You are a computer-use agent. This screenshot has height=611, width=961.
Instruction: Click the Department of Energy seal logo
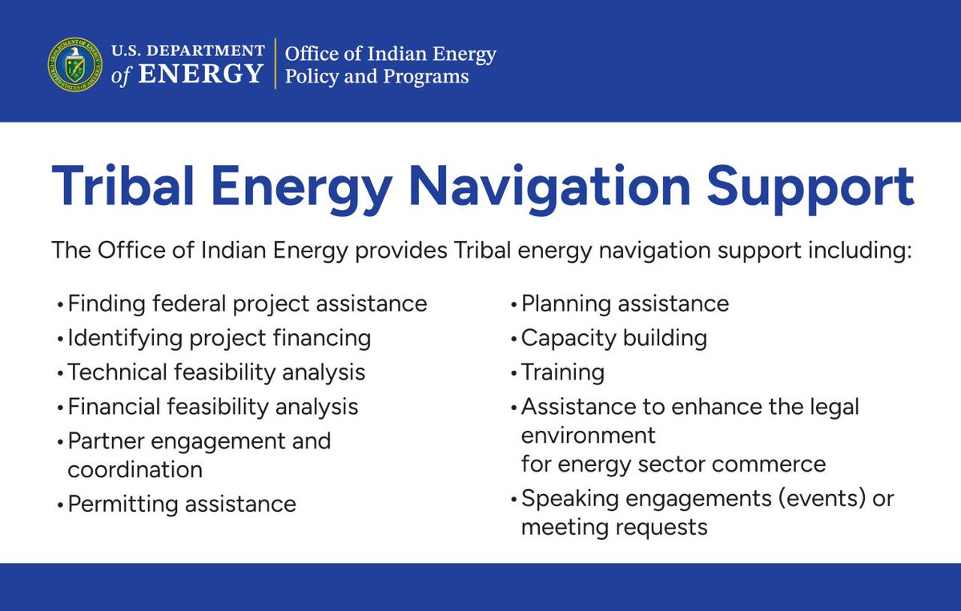point(74,64)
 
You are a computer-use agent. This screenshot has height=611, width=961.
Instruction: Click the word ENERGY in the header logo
point(200,74)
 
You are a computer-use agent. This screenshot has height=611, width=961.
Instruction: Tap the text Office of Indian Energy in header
point(390,54)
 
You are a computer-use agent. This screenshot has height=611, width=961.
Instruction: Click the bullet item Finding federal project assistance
point(247,304)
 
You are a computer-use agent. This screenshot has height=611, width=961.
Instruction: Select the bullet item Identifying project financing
point(219,339)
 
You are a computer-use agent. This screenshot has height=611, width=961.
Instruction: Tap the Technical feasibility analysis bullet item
point(216,372)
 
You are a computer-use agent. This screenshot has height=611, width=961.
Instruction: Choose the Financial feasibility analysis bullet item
point(212,407)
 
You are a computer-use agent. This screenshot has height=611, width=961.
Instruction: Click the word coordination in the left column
point(135,469)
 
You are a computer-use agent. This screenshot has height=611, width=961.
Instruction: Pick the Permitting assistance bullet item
point(182,504)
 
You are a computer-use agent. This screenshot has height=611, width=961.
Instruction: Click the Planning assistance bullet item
point(625,304)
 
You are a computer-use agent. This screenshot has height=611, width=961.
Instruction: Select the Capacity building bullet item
point(613,338)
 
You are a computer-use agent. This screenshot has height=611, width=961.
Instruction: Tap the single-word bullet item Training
point(562,372)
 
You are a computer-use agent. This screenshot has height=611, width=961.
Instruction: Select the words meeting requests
point(614,528)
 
